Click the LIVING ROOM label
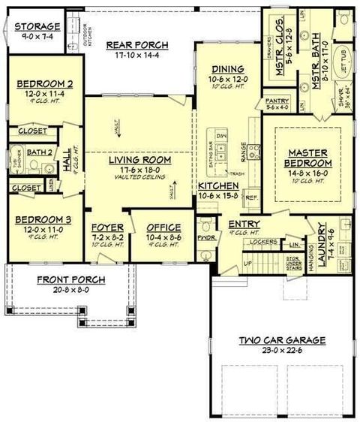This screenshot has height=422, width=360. [140, 160]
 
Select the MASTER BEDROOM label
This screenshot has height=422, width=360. [308, 158]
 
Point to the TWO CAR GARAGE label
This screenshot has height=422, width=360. [282, 340]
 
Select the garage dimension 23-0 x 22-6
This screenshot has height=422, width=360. [282, 351]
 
